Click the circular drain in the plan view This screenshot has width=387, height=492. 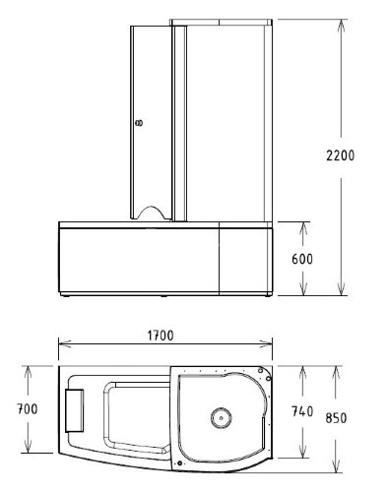[218, 418]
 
